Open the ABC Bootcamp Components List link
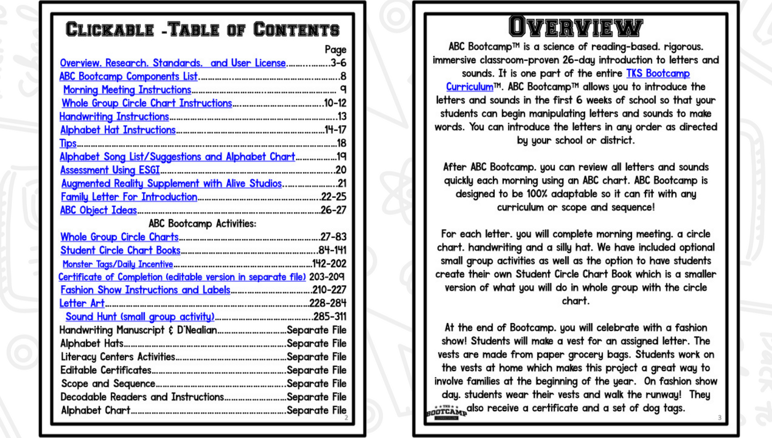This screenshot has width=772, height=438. (129, 76)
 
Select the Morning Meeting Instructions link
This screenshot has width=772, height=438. (127, 89)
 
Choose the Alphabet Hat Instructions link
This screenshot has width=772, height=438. (118, 130)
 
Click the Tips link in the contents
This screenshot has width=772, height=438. (67, 143)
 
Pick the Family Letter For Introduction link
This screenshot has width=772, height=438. (128, 197)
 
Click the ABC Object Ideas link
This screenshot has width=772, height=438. (99, 211)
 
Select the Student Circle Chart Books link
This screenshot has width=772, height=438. (120, 250)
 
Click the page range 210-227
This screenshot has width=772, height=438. (329, 290)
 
